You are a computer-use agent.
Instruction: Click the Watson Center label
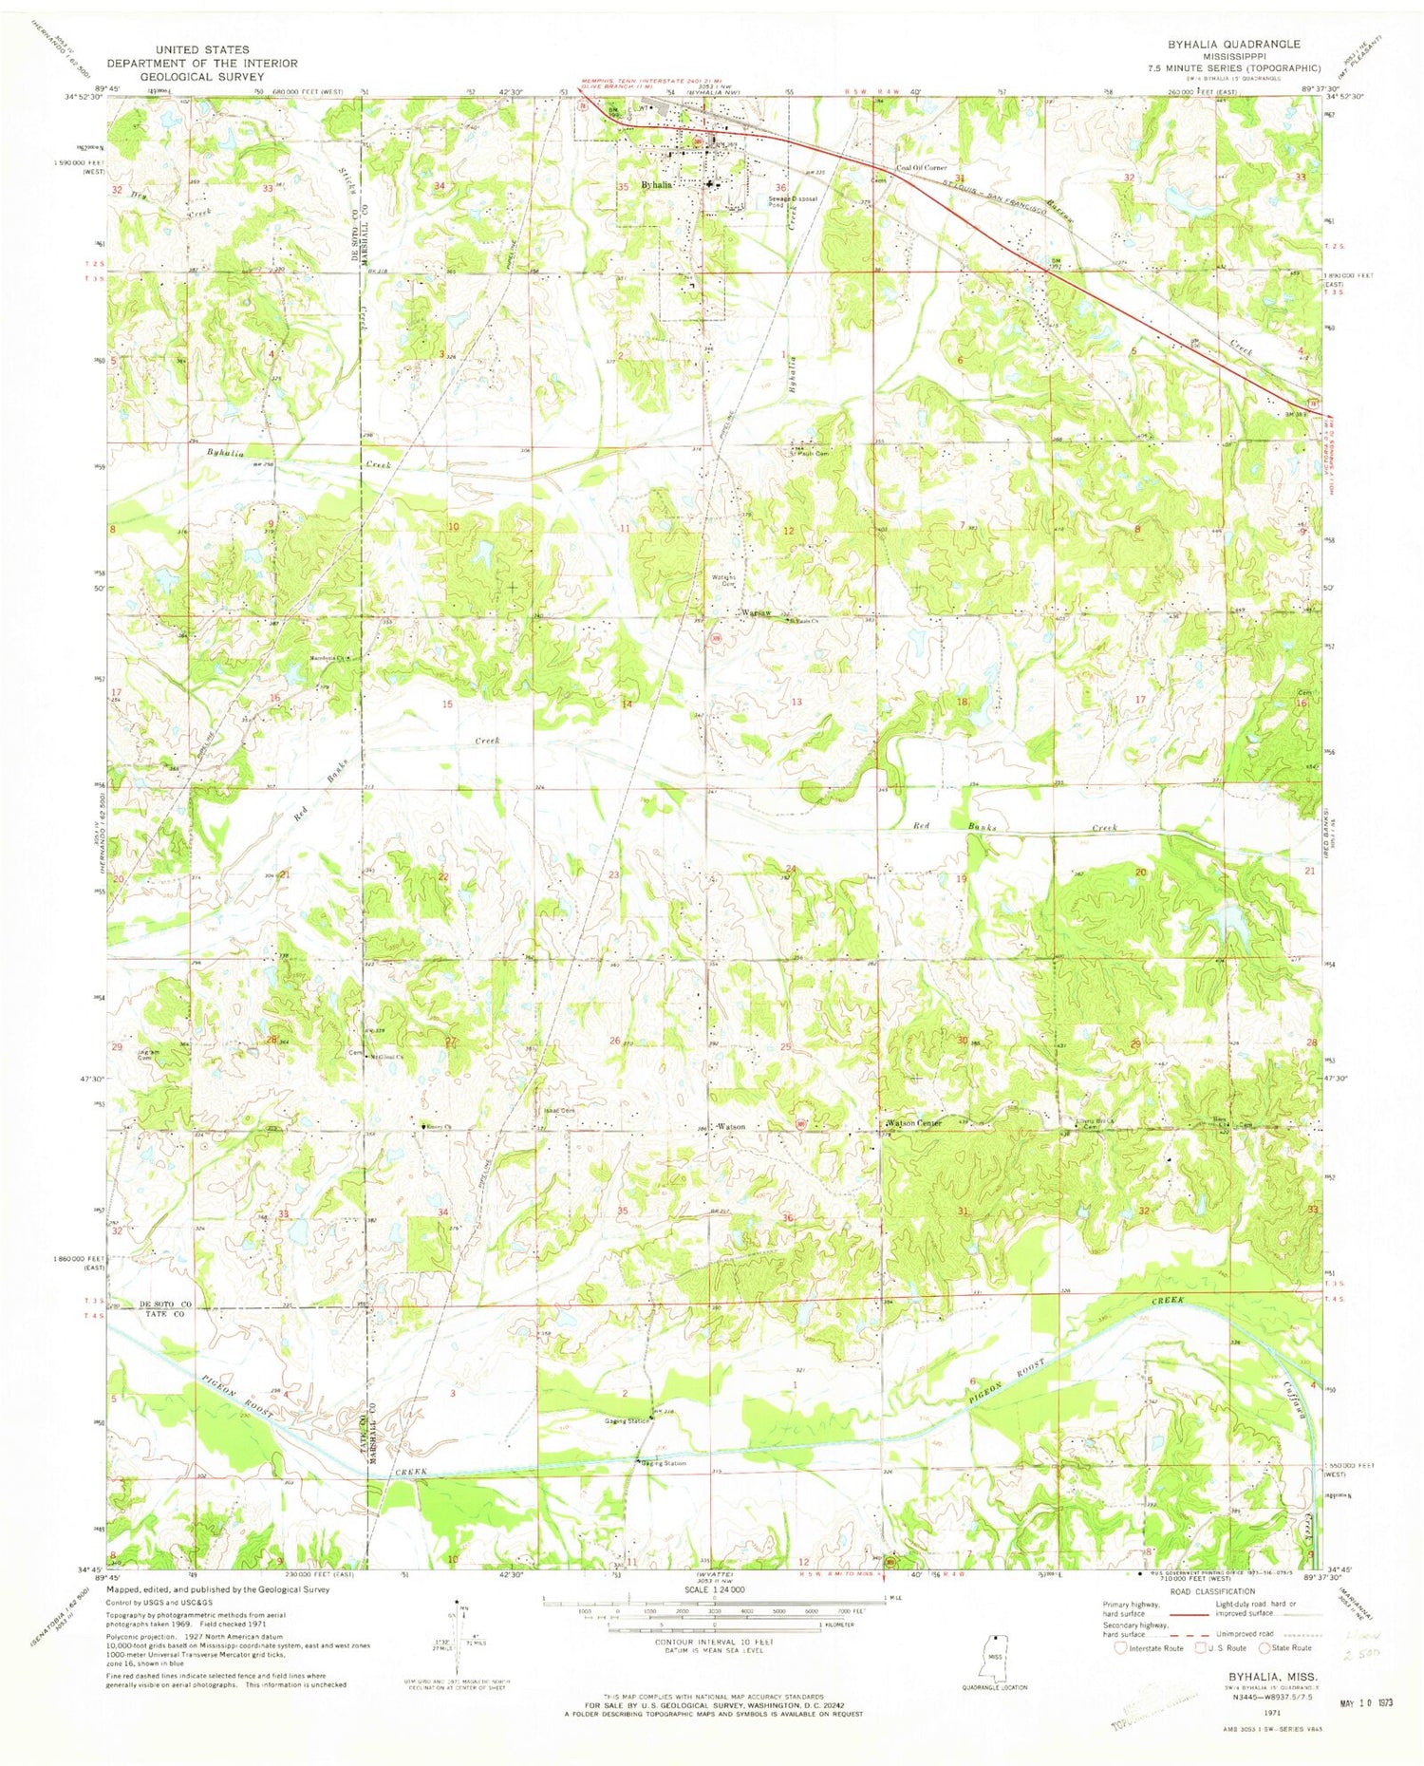[x=915, y=1123]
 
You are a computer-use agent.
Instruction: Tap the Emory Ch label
[x=438, y=1126]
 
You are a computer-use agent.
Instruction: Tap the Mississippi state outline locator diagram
[x=994, y=1654]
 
